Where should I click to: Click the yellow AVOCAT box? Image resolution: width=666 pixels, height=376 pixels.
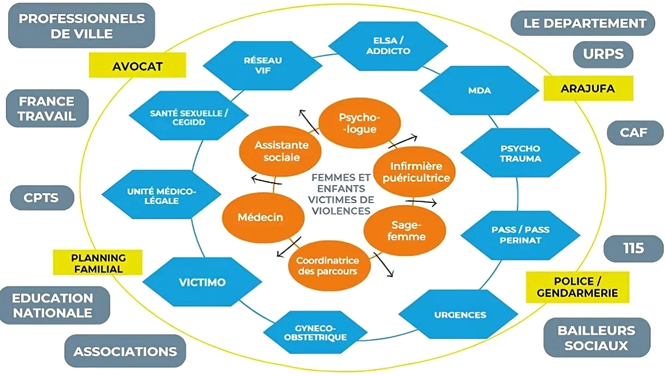[137, 66]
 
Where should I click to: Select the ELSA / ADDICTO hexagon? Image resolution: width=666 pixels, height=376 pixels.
[388, 46]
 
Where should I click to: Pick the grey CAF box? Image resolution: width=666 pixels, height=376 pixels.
[634, 132]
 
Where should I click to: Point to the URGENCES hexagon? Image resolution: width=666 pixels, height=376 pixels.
[460, 315]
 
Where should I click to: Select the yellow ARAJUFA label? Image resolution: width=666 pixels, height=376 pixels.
[588, 88]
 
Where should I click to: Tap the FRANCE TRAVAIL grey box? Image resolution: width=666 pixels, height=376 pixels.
[47, 109]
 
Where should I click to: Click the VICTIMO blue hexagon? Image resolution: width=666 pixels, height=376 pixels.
[202, 283]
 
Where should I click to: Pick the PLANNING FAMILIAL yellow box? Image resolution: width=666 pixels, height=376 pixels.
[97, 263]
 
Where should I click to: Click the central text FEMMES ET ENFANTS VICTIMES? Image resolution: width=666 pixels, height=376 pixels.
[341, 194]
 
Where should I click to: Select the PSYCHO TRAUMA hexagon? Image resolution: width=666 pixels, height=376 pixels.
[519, 154]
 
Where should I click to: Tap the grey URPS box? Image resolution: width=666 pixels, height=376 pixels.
[603, 54]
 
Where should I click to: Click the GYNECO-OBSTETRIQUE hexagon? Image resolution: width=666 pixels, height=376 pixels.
[321, 332]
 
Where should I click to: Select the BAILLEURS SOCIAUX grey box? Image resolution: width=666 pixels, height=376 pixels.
[596, 337]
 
